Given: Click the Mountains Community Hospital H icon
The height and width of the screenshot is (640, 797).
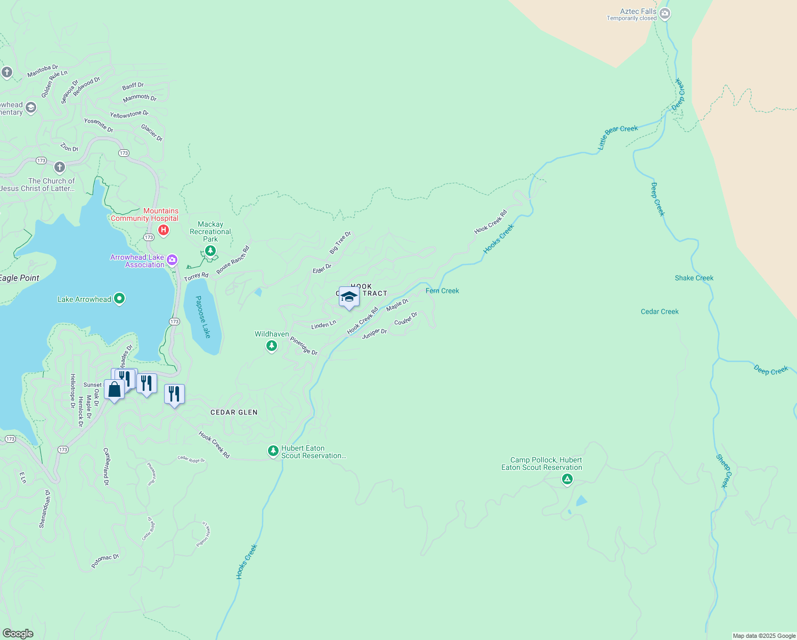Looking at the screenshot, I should coord(164,230).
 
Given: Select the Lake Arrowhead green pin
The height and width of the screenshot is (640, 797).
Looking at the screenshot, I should coord(119,299).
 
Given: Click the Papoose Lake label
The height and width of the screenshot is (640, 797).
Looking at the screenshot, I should coord(203,317).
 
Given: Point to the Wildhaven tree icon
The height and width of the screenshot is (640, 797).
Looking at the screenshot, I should coord(272,346).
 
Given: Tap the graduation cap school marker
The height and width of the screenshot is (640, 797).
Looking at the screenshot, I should coord(349,297).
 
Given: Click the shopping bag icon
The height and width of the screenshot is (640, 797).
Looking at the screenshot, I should coord(114,390).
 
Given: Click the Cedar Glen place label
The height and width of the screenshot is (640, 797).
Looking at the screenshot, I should coord(234,412).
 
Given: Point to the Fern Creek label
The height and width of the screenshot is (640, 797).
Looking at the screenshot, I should coord(442,291).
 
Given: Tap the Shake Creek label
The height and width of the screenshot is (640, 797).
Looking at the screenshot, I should coord(694,278).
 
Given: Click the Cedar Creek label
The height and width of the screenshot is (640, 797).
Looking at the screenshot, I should coord(660,311).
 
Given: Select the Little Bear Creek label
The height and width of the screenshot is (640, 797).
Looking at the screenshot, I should coord(617,137).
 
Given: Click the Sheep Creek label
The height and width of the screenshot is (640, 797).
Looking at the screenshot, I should coord(724,471).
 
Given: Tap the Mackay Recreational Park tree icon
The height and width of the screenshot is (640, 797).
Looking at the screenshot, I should coord(210,251).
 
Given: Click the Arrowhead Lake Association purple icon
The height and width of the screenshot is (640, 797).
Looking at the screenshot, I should coord(172,260).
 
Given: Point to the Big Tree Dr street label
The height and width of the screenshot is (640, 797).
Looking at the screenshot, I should coord(340,243).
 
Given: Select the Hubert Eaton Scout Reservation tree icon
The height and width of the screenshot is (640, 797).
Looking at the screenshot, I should coord(273,451).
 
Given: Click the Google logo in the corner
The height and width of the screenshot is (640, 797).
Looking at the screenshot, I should coord(18,633).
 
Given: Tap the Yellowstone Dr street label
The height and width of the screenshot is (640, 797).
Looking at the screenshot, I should coord(129,115).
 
